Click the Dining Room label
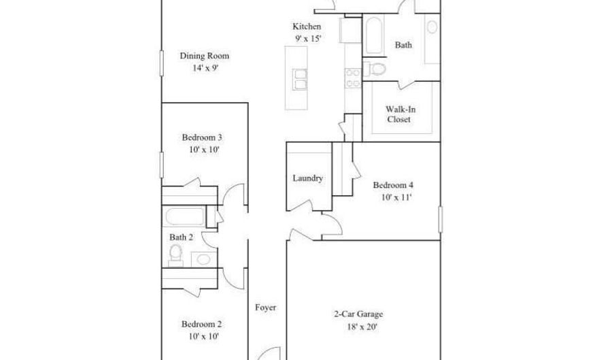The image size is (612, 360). [204, 56]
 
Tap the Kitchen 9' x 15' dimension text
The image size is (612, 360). [306, 38]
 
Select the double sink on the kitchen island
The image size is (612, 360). [299, 79]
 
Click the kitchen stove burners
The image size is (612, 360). [353, 78]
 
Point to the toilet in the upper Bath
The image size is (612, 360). [376, 69]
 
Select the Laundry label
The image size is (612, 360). [307, 178]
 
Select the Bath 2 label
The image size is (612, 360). [181, 237]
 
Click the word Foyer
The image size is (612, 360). [265, 307]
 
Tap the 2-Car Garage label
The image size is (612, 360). [358, 314]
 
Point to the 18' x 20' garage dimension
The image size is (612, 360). [358, 327]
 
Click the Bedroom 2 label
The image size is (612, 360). [201, 324]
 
